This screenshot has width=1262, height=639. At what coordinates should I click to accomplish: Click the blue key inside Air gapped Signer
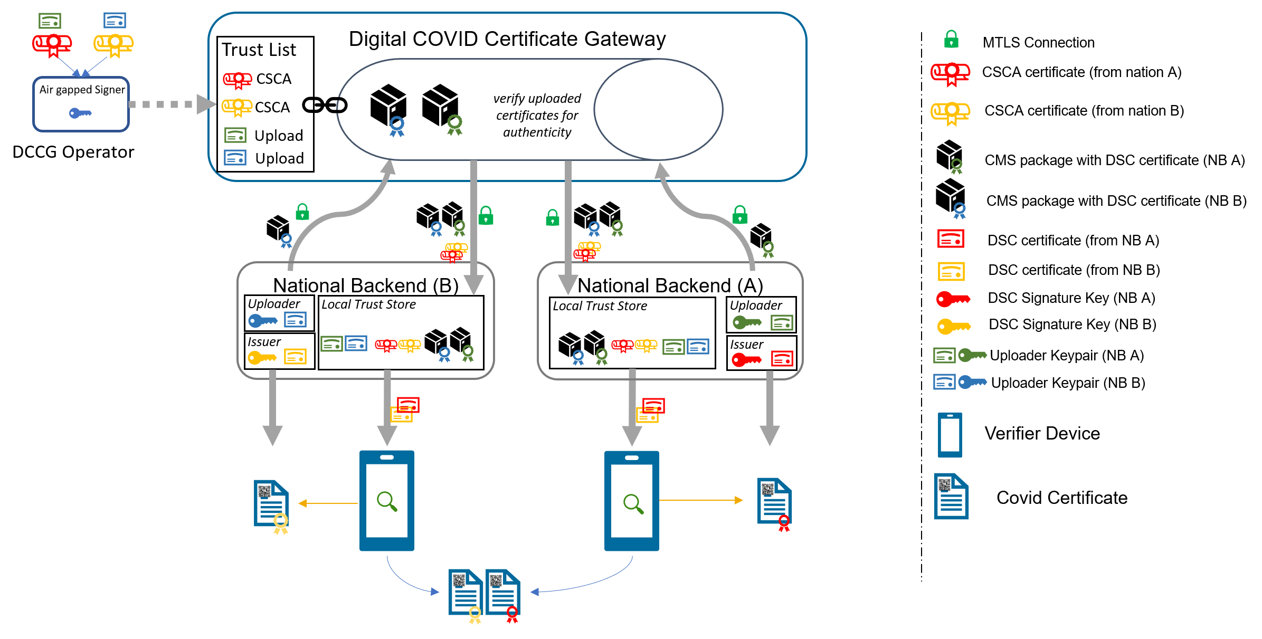tap(80, 113)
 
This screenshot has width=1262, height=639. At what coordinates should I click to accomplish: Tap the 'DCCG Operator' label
tap(73, 152)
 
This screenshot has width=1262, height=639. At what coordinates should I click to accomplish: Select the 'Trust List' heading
tap(259, 50)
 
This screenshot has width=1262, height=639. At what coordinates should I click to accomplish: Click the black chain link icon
tap(325, 106)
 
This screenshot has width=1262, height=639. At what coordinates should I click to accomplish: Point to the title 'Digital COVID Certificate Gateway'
tap(507, 39)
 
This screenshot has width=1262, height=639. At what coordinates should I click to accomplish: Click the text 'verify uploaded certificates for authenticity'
tap(537, 115)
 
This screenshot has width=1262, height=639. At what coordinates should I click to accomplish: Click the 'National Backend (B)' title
tap(365, 285)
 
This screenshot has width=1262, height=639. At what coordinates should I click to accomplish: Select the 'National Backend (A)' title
tap(670, 285)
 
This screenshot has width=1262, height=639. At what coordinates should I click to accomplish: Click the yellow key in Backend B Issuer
tap(262, 358)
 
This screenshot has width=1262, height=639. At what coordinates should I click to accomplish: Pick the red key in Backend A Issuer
tap(746, 360)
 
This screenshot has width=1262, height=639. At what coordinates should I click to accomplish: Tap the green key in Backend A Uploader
tap(747, 322)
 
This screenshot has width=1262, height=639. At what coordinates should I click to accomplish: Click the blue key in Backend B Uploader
tap(262, 320)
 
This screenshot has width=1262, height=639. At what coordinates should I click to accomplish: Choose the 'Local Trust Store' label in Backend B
tap(368, 304)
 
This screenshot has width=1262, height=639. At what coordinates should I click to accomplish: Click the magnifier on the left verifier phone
tap(387, 501)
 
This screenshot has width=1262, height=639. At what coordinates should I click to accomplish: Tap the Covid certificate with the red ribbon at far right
tap(775, 503)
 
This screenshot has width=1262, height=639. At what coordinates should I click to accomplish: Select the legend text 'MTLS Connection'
tap(1038, 43)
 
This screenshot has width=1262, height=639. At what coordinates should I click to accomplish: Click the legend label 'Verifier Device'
tap(1042, 433)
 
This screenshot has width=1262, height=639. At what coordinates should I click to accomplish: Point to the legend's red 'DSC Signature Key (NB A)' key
tap(953, 299)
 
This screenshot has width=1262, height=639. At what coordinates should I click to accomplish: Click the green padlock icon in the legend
tap(951, 39)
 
